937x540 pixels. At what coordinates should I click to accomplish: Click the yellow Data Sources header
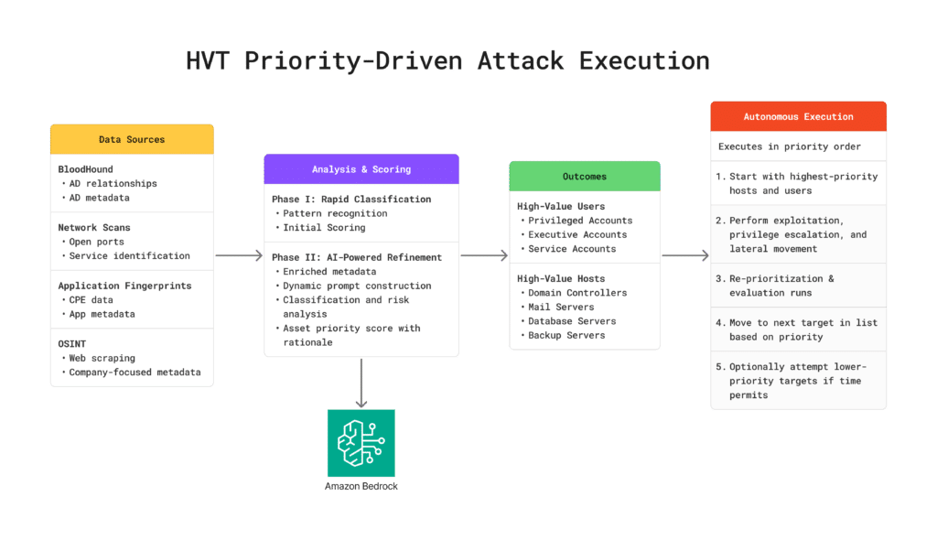click(x=132, y=139)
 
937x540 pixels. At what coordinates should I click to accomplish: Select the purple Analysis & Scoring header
click(x=361, y=169)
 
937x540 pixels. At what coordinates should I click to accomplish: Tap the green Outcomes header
click(x=584, y=177)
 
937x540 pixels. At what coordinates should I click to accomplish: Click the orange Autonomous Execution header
click(x=798, y=117)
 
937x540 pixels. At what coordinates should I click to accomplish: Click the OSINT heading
click(x=73, y=343)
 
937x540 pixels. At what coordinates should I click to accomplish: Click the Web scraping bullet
click(x=102, y=358)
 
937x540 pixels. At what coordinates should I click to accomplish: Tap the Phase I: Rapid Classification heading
click(x=351, y=200)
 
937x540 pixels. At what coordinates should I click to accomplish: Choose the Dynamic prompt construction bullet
click(x=357, y=286)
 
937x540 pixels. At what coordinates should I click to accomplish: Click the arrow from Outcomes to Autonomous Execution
click(x=684, y=256)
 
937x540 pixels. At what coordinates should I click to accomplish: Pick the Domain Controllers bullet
click(x=577, y=293)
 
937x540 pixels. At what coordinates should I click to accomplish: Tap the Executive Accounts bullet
click(x=577, y=234)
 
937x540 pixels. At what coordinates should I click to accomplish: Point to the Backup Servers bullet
click(x=566, y=335)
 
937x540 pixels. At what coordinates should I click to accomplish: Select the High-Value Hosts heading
click(x=561, y=278)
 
